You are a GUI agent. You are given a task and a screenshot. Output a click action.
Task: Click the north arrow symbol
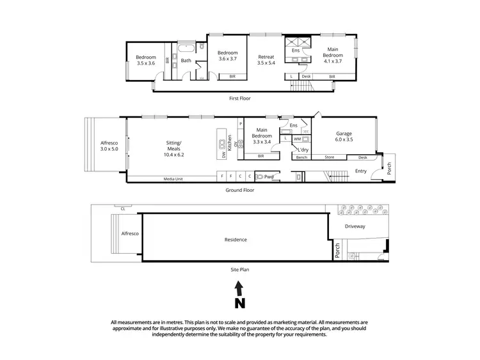(x=239, y=296)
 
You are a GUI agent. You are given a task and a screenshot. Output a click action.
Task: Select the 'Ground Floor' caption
(x=240, y=190)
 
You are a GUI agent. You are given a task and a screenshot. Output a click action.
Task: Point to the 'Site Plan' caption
(x=240, y=270)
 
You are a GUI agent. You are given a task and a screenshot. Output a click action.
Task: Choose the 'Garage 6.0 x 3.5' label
(x=344, y=137)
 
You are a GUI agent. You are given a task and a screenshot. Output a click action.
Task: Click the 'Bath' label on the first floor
(x=186, y=61)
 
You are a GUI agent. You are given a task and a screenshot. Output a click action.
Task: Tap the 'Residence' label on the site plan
(x=236, y=240)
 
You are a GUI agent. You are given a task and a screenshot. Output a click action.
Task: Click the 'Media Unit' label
(x=173, y=179)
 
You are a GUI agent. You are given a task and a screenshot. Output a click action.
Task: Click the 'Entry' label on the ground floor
(x=361, y=171)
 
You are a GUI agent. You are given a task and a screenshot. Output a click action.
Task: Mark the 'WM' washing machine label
(x=298, y=139)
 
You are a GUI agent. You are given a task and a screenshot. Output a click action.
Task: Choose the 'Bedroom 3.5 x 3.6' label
(x=146, y=60)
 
